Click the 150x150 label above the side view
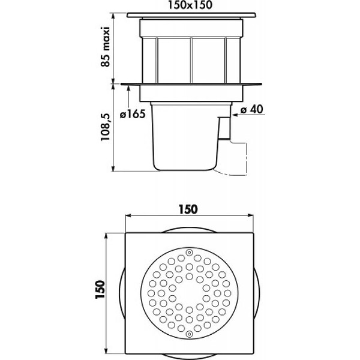190,5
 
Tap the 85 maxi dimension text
106,47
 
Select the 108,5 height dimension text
106,127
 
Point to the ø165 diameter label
133,114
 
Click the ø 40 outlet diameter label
251,109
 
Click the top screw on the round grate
189,253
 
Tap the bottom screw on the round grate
189,334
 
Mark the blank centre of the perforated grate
189,293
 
